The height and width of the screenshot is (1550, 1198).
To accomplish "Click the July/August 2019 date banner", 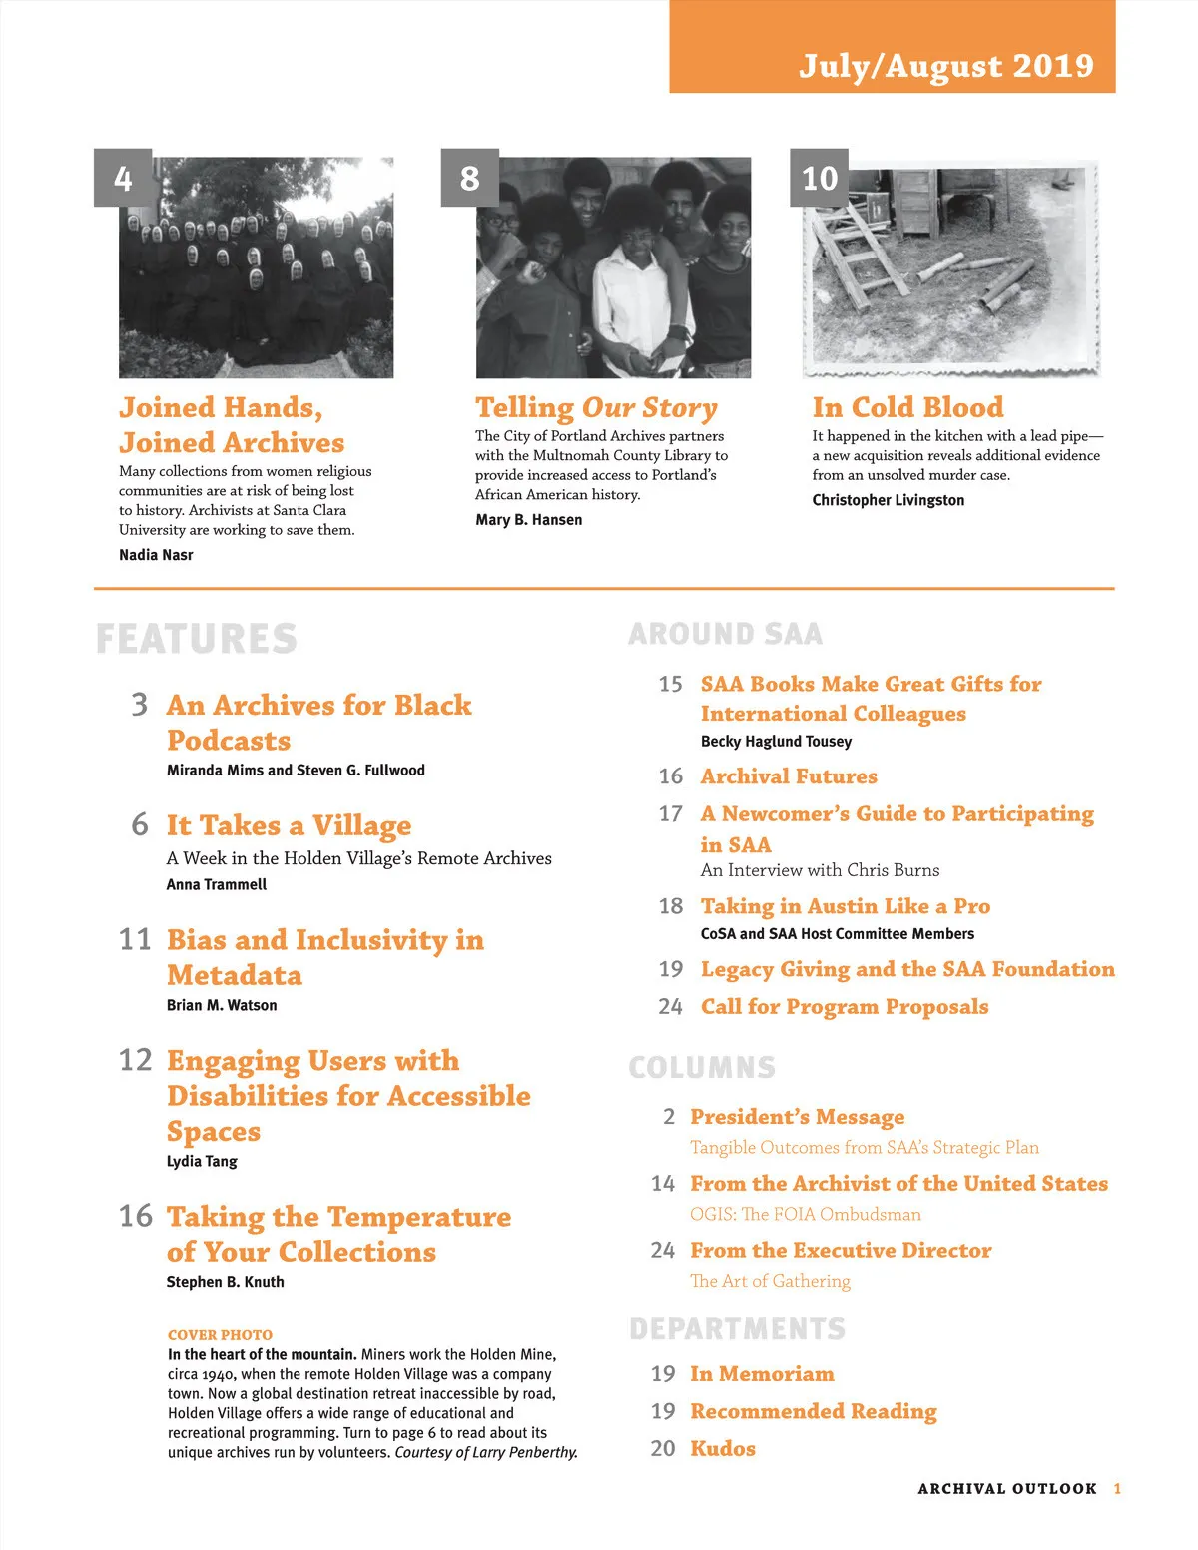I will point(944,65).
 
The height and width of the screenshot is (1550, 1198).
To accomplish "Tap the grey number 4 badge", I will point(123,178).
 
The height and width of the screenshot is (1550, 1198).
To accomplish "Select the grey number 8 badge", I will point(469,178).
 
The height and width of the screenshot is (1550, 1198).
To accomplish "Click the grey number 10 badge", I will point(819,178).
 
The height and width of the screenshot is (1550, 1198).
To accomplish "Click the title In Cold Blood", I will point(907,407).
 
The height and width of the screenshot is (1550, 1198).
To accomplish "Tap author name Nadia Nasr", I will point(156,555).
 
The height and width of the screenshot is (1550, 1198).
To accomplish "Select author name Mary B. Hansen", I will point(528,520).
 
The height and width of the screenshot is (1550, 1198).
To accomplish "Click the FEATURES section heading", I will point(197,639).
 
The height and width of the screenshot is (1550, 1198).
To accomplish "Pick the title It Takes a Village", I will point(289,825).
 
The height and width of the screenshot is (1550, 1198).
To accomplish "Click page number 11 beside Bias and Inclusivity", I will point(135,940).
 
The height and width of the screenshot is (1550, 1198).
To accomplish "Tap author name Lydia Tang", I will point(202,1161).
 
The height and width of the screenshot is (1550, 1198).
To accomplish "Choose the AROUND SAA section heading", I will point(726,634).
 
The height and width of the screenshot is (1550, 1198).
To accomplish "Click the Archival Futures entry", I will point(789,776).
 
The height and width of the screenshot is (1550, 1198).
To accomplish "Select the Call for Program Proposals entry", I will point(845,1006).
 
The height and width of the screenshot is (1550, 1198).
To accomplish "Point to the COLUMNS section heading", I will point(702,1067).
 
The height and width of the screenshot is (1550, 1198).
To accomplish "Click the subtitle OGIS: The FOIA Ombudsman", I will point(806,1214).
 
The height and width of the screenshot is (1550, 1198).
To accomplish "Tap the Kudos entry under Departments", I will point(723,1448).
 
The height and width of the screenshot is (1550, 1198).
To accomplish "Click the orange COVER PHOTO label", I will point(220,1335).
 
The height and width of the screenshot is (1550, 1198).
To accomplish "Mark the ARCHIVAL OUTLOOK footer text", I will point(1007,1488).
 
